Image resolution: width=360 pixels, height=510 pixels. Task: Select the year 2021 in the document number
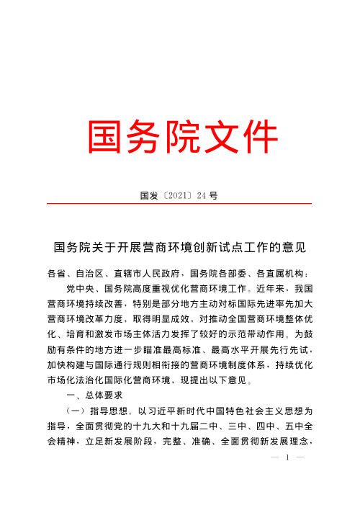tap(172, 195)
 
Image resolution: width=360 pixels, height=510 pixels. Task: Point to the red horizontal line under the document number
tap(179, 204)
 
